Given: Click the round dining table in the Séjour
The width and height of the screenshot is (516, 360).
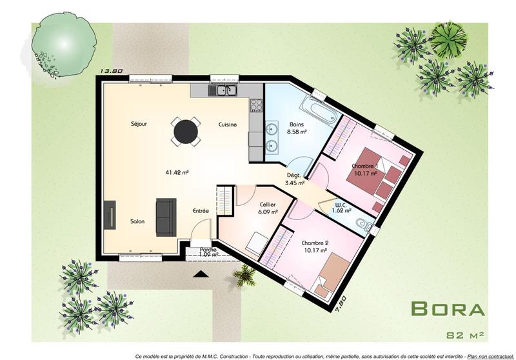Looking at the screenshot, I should [x=185, y=131].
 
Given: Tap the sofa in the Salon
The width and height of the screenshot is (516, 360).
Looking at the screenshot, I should [x=166, y=217].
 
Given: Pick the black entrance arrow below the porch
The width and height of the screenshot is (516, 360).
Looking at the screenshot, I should [x=201, y=274].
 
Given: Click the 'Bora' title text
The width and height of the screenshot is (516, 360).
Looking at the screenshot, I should [x=448, y=308].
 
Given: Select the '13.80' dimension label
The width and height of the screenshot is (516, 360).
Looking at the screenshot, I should [x=111, y=72].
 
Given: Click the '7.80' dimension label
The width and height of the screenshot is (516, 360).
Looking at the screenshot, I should [x=342, y=303].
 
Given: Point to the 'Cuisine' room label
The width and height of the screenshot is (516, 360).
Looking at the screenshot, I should [x=228, y=124].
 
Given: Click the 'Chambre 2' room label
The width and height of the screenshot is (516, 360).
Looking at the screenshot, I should [x=314, y=243].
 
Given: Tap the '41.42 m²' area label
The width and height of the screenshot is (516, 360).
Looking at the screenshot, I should [x=177, y=172].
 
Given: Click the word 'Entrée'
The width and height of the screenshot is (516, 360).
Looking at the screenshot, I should [x=201, y=211].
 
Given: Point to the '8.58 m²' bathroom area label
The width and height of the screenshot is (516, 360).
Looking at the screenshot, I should [x=297, y=131].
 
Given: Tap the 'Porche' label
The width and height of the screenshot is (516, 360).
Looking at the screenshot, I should [x=208, y=249].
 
